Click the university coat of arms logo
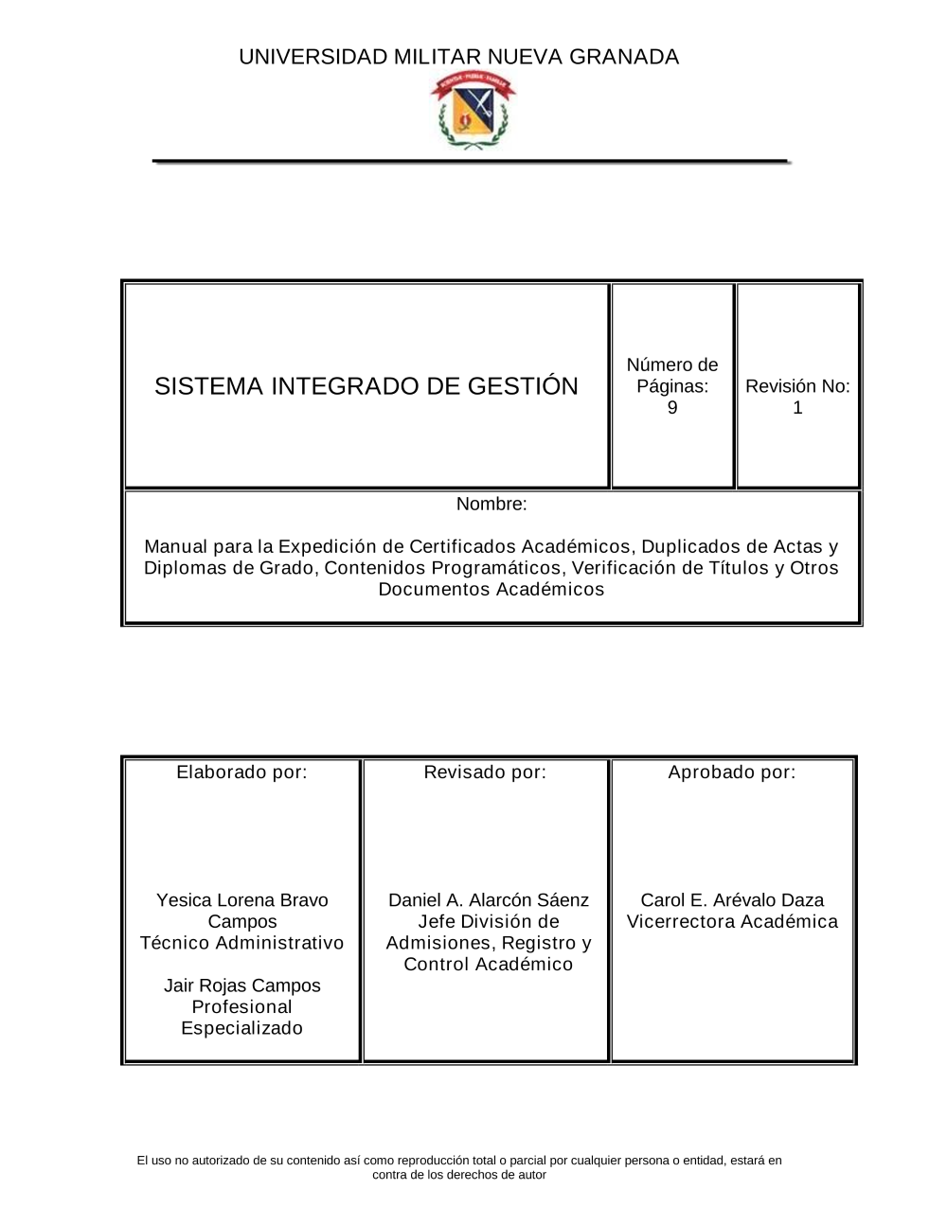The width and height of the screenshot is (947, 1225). click(474, 113)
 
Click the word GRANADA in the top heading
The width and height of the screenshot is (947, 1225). click(624, 57)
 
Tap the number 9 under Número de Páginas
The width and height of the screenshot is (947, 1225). click(672, 408)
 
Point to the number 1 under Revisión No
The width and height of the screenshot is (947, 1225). click(797, 408)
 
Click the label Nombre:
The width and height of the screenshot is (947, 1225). click(491, 504)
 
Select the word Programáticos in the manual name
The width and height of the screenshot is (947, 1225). click(494, 568)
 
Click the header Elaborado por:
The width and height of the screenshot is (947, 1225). click(242, 772)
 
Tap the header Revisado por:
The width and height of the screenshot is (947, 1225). click(485, 772)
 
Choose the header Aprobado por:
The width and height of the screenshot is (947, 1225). click(732, 772)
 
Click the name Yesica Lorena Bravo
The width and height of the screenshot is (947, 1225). click(242, 900)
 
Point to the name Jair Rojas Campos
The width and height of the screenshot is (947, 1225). click(242, 985)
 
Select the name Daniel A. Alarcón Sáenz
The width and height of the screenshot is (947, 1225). click(489, 900)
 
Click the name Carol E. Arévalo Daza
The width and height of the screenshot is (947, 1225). click(732, 900)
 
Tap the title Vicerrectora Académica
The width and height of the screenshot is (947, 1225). click(732, 922)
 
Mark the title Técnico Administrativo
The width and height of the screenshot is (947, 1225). click(242, 943)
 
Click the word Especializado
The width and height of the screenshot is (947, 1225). click(242, 1028)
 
